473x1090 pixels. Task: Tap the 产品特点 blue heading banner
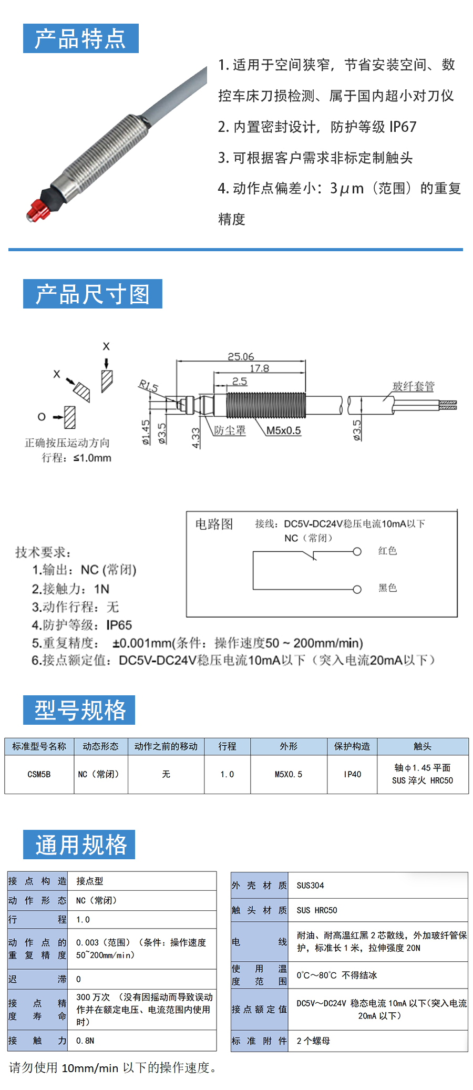pos(81,38)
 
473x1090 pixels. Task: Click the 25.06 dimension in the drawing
pos(241,356)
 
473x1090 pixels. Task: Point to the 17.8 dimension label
pos(259,368)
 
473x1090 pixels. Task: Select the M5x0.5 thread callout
pos(283,430)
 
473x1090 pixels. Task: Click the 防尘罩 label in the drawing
pos(230,430)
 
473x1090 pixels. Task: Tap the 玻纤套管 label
pos(414,386)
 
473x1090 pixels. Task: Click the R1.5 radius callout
pos(148,386)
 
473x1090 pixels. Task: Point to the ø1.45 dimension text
pos(146,432)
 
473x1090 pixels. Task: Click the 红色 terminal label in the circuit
pos(387,551)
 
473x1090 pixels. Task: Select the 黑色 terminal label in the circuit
pos(387,588)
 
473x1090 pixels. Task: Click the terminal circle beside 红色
pos(357,551)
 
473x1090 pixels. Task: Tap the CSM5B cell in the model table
pos(39,774)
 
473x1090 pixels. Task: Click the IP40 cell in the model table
pos(352,774)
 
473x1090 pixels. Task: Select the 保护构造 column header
pos(352,746)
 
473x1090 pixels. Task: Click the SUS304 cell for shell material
pos(310,886)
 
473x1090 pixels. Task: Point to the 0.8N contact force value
pos(85,1041)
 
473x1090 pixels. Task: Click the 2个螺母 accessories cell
pos(313,1041)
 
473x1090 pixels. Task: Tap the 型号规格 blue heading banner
pos(79,710)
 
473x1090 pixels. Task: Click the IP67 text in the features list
pos(403,127)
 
